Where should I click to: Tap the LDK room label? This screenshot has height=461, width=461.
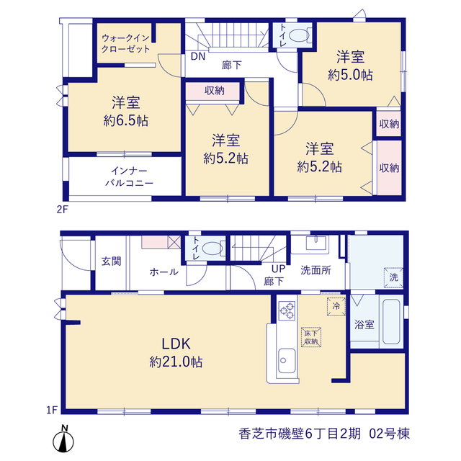click(176, 344)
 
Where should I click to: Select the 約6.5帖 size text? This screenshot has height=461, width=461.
click(126, 120)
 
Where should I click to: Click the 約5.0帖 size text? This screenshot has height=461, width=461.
click(351, 75)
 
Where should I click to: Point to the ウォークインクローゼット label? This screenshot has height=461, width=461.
click(126, 43)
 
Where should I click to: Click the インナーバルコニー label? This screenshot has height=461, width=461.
click(130, 176)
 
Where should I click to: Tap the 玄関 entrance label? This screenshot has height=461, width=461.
click(111, 261)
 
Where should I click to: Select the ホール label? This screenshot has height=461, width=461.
click(164, 272)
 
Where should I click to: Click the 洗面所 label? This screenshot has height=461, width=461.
click(315, 270)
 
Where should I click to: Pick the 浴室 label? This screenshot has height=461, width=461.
click(364, 325)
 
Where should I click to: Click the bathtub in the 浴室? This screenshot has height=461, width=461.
click(391, 321)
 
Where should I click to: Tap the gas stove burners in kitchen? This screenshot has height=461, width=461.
click(287, 310)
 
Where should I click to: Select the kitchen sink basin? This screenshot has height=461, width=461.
click(287, 361)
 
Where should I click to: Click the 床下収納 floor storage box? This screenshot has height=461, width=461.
click(311, 337)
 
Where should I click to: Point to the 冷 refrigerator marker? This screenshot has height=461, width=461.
click(336, 307)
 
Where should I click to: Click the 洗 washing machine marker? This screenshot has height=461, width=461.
click(394, 277)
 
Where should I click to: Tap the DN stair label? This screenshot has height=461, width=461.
click(198, 56)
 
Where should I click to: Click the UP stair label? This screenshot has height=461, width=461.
click(279, 269)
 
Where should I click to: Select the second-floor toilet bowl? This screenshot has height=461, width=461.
click(300, 36)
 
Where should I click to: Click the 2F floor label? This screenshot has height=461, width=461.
click(63, 210)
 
